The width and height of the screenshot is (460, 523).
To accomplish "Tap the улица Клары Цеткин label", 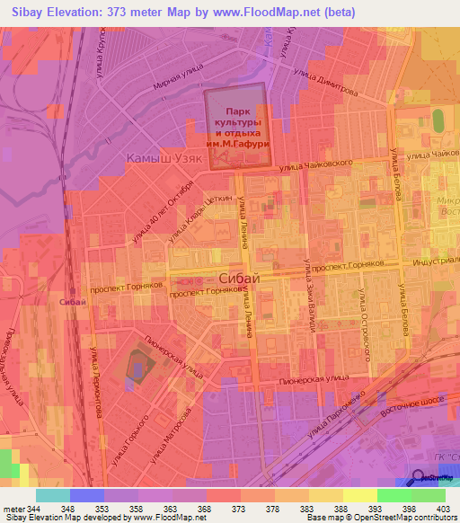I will click(x=195, y=211).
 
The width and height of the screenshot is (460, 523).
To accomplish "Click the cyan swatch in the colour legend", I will click(x=53, y=495).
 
